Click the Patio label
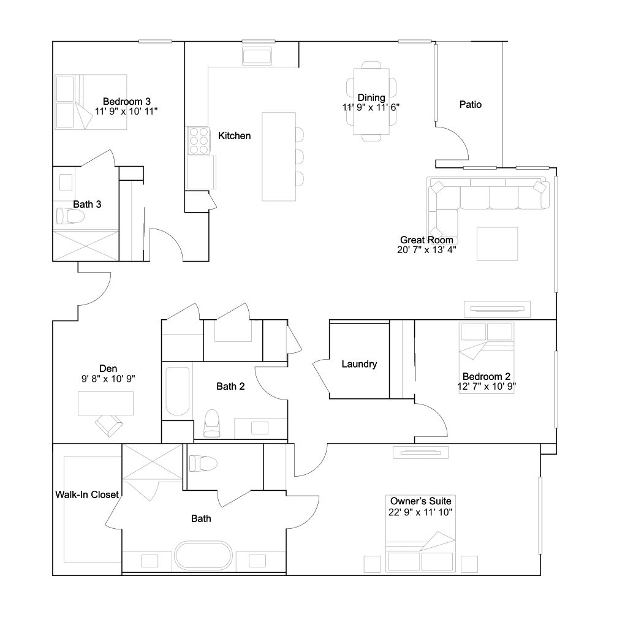click(x=471, y=104)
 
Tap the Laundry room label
click(x=359, y=364)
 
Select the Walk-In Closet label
click(x=87, y=494)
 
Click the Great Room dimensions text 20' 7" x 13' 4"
click(x=426, y=250)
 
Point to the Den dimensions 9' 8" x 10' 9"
click(x=108, y=379)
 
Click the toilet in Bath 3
click(x=70, y=216)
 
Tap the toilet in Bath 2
click(x=211, y=423)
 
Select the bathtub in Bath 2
click(x=177, y=391)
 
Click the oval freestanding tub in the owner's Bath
click(x=203, y=555)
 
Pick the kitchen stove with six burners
click(x=199, y=141)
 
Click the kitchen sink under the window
click(x=257, y=56)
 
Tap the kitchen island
click(x=279, y=157)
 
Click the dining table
click(x=371, y=101)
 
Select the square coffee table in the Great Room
click(x=498, y=244)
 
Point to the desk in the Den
click(x=105, y=403)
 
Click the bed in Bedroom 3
click(x=91, y=102)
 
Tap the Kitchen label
click(x=234, y=136)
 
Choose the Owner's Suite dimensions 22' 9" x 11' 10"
click(x=420, y=512)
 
